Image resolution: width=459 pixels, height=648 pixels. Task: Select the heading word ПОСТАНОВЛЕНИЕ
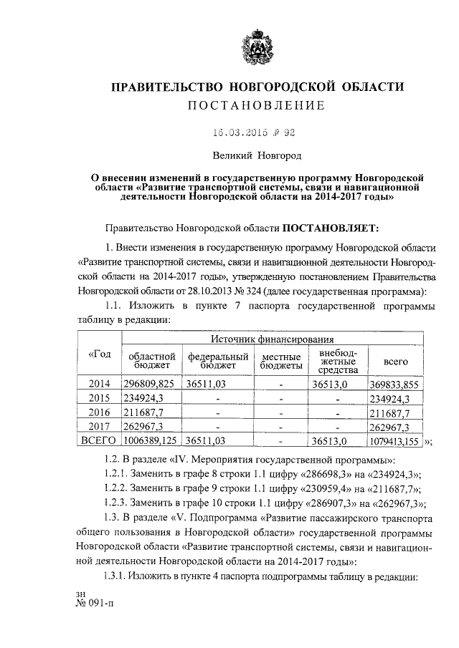(256, 106)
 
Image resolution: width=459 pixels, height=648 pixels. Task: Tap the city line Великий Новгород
(256, 155)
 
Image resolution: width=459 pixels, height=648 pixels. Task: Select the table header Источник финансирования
(274, 339)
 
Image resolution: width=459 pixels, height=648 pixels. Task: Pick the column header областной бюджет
(151, 361)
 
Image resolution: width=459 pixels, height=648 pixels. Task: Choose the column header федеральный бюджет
(218, 361)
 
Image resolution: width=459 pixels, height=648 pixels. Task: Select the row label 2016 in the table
(98, 413)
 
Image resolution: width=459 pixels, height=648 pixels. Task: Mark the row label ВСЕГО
(98, 441)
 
